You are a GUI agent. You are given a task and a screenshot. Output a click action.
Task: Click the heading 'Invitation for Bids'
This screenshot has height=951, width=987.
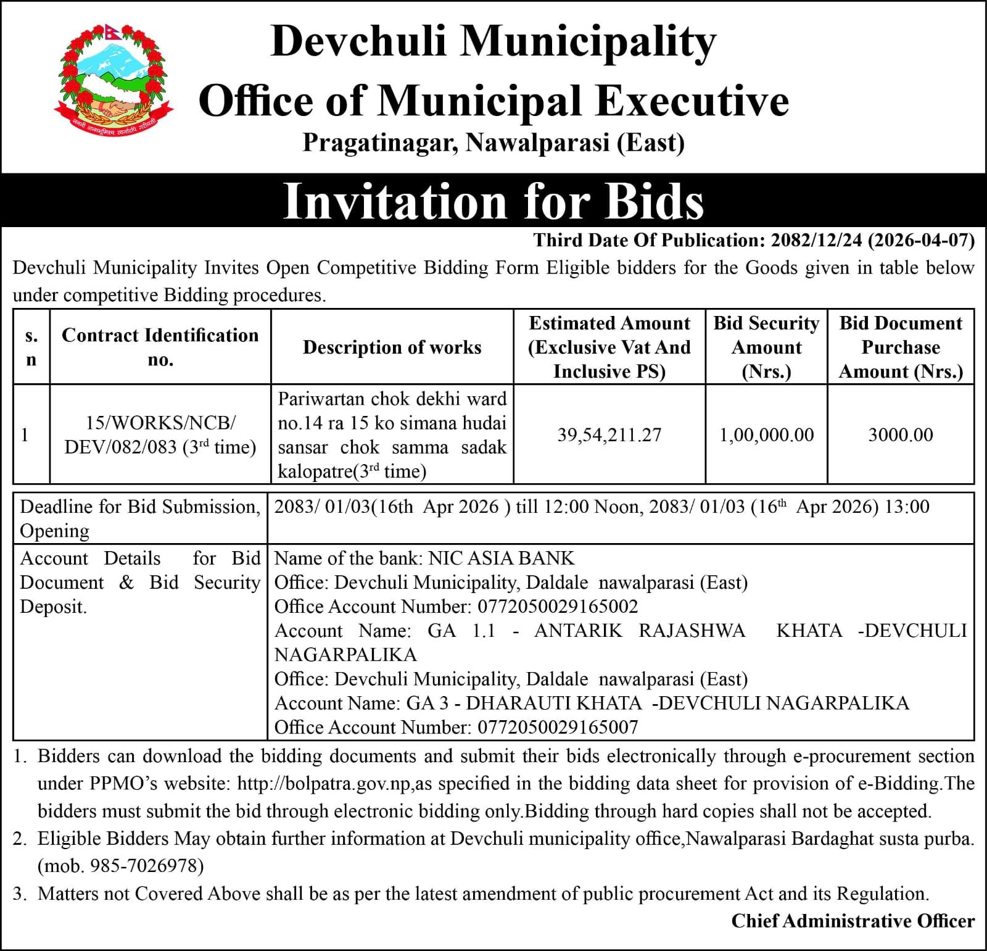tap(493, 202)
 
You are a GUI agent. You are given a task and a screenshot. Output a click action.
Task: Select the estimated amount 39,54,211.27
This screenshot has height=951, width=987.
tap(609, 435)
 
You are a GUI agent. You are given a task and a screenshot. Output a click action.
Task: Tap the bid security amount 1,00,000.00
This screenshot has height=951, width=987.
tap(766, 435)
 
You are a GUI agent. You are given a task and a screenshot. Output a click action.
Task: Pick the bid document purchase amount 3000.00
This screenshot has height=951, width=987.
tap(900, 435)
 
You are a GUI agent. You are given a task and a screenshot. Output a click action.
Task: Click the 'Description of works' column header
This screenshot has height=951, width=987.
tap(392, 347)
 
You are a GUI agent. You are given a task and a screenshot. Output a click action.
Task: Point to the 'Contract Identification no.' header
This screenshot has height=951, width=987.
tap(160, 347)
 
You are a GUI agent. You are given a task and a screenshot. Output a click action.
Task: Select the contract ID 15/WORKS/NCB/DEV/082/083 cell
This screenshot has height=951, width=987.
tap(160, 435)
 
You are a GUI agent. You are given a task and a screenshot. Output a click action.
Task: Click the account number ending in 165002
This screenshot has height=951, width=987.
tap(558, 607)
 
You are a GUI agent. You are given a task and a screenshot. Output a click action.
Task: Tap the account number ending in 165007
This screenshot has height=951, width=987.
tap(558, 727)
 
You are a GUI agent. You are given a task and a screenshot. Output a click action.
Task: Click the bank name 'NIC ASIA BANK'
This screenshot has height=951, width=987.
tap(501, 559)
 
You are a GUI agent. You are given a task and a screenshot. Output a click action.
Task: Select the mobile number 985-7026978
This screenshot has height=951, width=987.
tap(147, 866)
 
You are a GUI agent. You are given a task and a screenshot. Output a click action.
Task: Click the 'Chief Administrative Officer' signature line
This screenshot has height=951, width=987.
tap(853, 921)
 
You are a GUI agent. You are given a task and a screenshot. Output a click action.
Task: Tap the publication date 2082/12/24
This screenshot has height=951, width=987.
tap(814, 240)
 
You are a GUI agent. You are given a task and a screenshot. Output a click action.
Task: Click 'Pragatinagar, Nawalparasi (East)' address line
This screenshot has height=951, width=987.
tap(493, 143)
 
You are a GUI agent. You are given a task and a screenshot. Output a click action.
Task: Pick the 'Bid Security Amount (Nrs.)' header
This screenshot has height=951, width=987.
tap(766, 347)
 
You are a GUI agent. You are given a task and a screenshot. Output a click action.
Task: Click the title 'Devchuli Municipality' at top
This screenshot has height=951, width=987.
tap(493, 42)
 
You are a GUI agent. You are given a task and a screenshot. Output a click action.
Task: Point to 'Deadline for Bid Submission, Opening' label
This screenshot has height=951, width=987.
tap(140, 518)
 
